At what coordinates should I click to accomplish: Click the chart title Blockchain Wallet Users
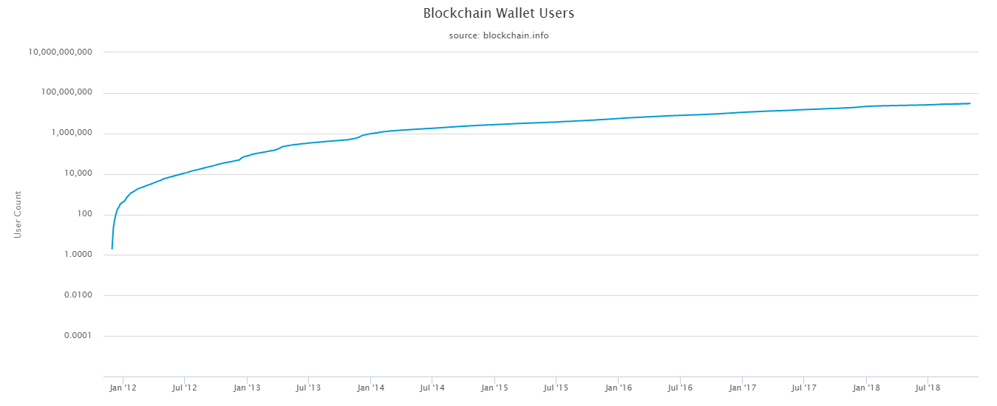tap(498, 13)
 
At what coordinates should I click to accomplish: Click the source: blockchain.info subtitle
tap(498, 35)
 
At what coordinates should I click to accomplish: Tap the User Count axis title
tap(18, 214)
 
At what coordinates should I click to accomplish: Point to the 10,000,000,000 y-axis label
tap(61, 52)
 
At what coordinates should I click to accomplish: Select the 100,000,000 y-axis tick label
tap(66, 93)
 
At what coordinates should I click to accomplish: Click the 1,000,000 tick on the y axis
tap(70, 134)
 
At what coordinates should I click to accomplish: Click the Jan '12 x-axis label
tap(122, 387)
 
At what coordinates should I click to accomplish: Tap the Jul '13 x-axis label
tap(307, 387)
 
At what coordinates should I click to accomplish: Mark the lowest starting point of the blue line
tap(112, 249)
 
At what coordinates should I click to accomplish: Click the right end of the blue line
tap(970, 103)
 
